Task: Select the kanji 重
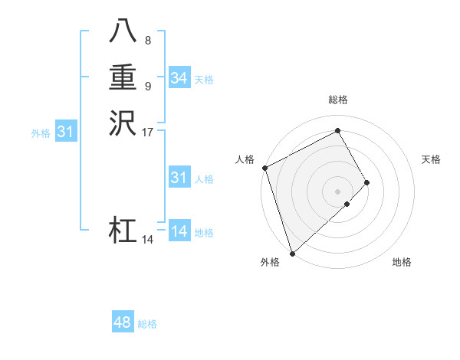pyautogui.click(x=123, y=78)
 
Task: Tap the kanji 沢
pyautogui.click(x=123, y=123)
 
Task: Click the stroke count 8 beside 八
pyautogui.click(x=148, y=41)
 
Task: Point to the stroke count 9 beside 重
pyautogui.click(x=148, y=86)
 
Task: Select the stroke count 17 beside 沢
pyautogui.click(x=148, y=132)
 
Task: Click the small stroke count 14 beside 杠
pyautogui.click(x=148, y=240)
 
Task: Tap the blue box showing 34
pyautogui.click(x=179, y=78)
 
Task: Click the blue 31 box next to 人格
pyautogui.click(x=179, y=178)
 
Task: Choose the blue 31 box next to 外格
pyautogui.click(x=66, y=133)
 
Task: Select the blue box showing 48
pyautogui.click(x=123, y=323)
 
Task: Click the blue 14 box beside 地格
pyautogui.click(x=179, y=232)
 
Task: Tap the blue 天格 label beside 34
pyautogui.click(x=204, y=79)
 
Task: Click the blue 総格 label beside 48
pyautogui.click(x=148, y=324)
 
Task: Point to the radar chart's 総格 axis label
pyautogui.click(x=338, y=100)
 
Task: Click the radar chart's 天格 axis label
pyautogui.click(x=432, y=159)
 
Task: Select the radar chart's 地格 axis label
pyautogui.click(x=402, y=262)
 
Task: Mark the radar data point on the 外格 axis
pyautogui.click(x=292, y=252)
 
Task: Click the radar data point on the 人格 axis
pyautogui.click(x=264, y=168)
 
